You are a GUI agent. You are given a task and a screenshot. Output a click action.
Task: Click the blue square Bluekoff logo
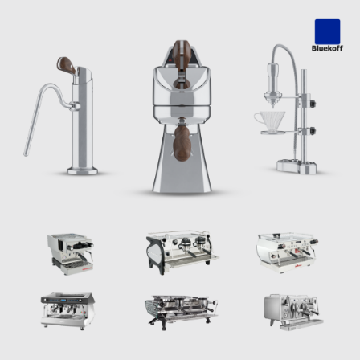tap(327, 31)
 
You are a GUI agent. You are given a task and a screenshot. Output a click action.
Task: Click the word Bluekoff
tap(327, 48)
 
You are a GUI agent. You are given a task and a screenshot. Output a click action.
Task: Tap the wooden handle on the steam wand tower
tap(66, 65)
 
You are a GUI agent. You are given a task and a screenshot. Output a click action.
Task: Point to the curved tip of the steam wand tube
tap(26, 153)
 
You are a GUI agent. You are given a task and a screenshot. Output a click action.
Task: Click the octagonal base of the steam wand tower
tap(82, 170)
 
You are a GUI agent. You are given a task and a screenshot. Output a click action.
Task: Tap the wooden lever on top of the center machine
tap(182, 54)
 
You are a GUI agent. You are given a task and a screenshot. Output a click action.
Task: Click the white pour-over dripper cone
tap(270, 121)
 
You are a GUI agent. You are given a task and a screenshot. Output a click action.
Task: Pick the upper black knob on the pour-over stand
tap(312, 104)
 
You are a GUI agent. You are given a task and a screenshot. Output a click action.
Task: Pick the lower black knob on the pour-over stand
tap(312, 131)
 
